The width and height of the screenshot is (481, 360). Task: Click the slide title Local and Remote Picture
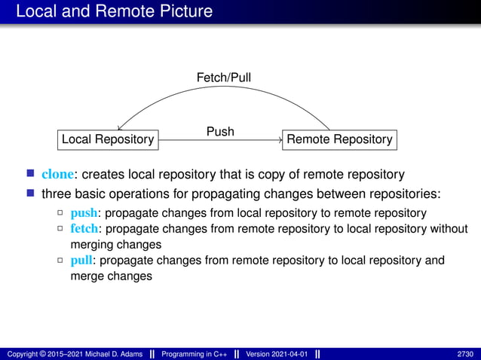(x=113, y=11)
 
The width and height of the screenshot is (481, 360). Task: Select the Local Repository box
(x=108, y=139)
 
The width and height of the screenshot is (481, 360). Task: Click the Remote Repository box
(x=339, y=139)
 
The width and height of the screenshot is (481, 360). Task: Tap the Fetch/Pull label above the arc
(x=224, y=78)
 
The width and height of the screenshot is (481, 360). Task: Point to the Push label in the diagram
(x=220, y=132)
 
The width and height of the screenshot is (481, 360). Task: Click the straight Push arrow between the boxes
(x=219, y=140)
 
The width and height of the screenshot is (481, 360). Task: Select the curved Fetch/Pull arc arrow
(x=224, y=91)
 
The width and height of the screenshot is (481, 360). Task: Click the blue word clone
(x=57, y=175)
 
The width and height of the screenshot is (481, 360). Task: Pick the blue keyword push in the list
(x=84, y=212)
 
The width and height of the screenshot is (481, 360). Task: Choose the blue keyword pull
(x=82, y=261)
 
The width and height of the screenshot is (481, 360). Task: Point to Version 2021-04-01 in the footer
(x=277, y=354)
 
